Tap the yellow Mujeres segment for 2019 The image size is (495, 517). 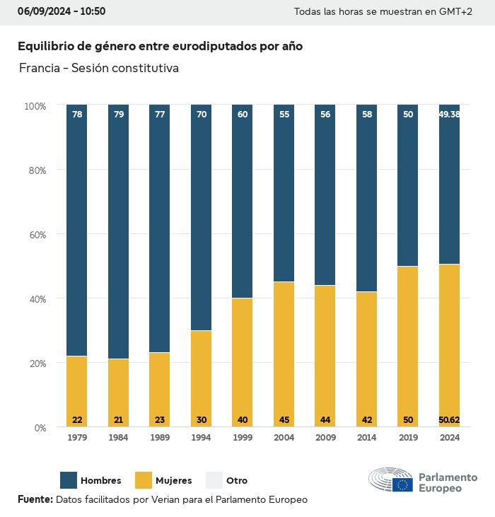408,347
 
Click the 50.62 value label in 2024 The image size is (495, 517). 449,420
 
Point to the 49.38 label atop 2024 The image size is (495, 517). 449,114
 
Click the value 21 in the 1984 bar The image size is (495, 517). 118,420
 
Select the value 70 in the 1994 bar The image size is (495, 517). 202,114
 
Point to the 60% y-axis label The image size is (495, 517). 35,234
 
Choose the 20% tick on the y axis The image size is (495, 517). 35,363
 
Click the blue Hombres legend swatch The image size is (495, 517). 69,480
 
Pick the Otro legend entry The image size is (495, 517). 236,481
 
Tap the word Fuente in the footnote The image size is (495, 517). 35,499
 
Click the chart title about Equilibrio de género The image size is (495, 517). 160,47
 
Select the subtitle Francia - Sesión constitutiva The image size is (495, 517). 99,69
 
